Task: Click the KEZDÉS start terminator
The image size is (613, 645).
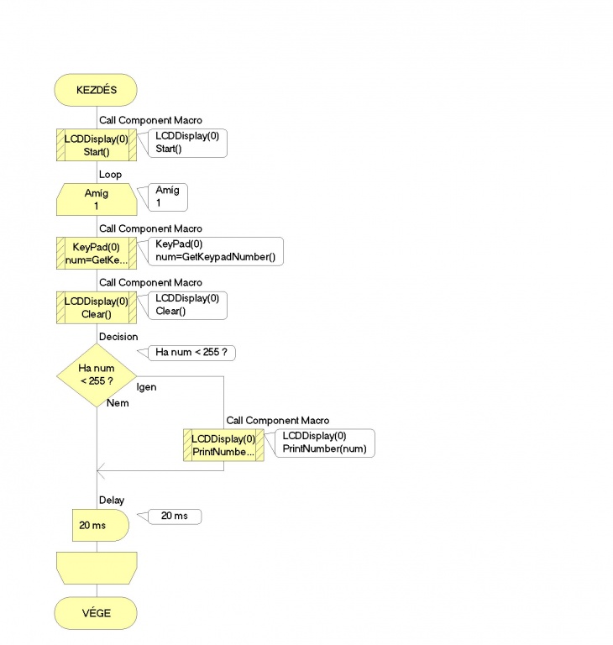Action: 96,90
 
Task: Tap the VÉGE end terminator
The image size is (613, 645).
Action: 96,613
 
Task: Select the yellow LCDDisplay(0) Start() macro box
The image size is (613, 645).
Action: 97,144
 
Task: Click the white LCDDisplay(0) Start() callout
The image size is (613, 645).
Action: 187,143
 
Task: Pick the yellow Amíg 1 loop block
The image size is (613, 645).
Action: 97,200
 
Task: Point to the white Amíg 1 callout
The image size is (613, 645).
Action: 167,197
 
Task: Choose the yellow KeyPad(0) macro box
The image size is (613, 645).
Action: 97,254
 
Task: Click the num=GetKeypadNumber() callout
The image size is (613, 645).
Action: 215,251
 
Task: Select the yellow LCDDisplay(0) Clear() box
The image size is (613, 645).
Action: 97,307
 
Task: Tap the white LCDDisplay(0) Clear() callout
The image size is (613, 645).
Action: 187,305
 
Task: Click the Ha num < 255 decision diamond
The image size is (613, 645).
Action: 97,375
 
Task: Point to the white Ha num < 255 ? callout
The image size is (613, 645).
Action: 191,353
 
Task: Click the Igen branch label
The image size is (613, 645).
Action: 146,387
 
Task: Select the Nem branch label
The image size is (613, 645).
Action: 118,403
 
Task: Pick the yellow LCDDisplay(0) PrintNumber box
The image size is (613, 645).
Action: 223,445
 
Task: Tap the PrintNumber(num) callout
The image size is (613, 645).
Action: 325,443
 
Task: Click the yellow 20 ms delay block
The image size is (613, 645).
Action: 101,525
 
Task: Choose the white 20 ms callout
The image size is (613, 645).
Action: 175,517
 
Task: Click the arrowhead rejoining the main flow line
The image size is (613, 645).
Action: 101,470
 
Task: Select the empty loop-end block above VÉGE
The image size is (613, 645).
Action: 97,568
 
